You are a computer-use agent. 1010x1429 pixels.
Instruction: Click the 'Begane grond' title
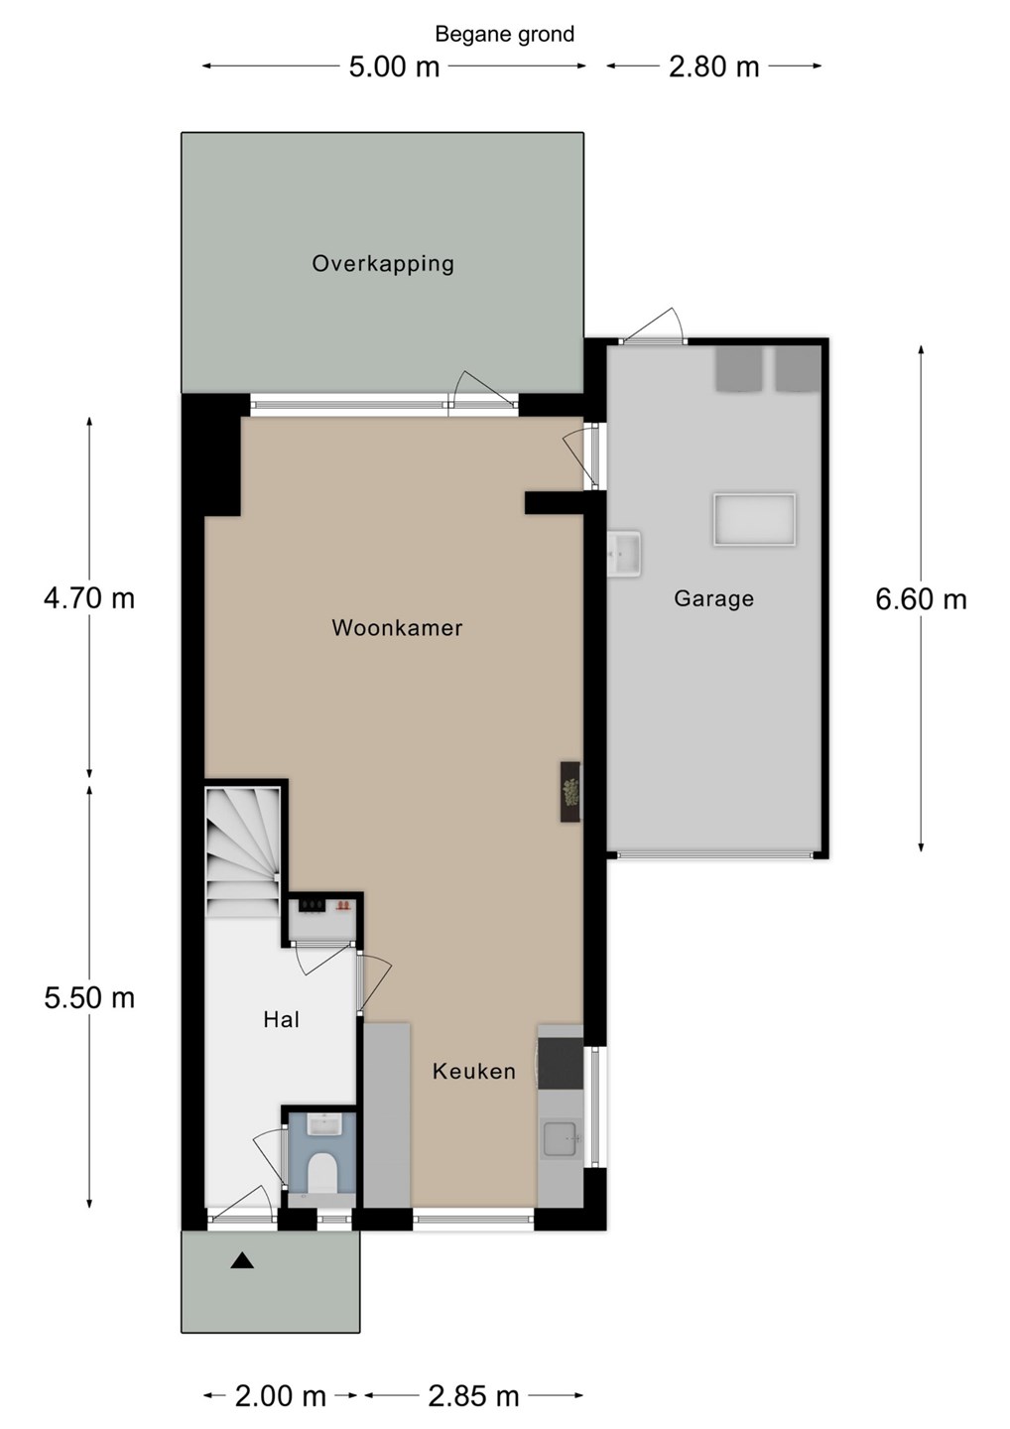click(x=504, y=35)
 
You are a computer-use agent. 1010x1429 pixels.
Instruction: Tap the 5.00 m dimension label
click(x=394, y=67)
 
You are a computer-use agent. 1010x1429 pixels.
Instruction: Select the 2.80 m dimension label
click(x=713, y=67)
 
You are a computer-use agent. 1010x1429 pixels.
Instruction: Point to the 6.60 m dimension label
click(x=921, y=599)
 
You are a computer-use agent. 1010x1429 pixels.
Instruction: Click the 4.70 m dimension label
click(x=89, y=598)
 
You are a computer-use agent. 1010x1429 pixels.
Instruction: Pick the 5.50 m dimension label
click(x=89, y=997)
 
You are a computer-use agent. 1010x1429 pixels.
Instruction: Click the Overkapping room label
click(x=383, y=264)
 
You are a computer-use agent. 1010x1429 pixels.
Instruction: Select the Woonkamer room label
click(x=397, y=628)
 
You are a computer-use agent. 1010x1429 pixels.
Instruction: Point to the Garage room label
click(x=713, y=599)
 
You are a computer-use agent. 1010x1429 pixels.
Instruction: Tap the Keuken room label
click(x=474, y=1071)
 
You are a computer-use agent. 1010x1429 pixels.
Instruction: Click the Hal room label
click(x=281, y=1019)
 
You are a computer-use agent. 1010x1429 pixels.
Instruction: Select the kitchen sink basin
click(x=562, y=1139)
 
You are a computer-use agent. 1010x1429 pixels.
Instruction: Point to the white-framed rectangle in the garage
click(x=754, y=519)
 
